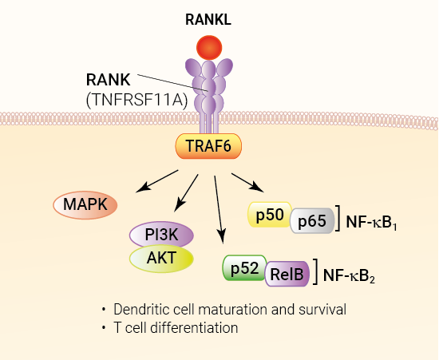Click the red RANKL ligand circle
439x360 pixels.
pos(209,48)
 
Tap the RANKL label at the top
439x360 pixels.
pos(208,20)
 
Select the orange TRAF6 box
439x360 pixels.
pos(208,146)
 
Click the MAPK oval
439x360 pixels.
pos(85,205)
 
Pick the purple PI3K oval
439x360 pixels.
pos(161,235)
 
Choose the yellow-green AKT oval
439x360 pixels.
pos(161,258)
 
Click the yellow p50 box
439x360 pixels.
pos(270,215)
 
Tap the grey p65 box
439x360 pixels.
pos(312,221)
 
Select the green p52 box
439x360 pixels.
pos(244,268)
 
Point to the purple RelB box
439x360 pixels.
pos(287,274)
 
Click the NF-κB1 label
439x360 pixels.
pos(371,222)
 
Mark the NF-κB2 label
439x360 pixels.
pos(349,275)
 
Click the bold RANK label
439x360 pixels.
pos(108,80)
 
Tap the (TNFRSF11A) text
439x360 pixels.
pos(137,101)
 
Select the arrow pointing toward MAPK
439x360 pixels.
pos(156,181)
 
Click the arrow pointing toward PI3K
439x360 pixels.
pos(186,193)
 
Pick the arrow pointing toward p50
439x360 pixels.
pos(247,183)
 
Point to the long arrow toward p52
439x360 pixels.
pos(219,210)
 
